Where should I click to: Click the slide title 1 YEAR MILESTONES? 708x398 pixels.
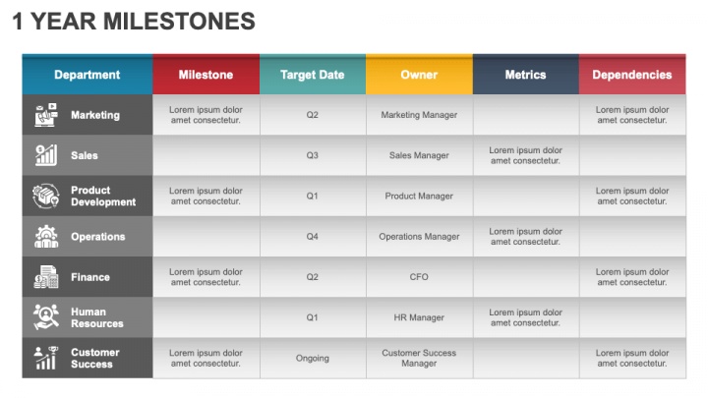click(134, 22)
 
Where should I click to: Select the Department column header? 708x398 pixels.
click(88, 75)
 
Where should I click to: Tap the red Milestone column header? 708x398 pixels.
click(206, 75)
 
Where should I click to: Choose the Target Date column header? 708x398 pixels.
click(313, 75)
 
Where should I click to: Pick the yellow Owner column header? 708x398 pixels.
click(419, 75)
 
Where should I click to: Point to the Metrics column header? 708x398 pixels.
click(525, 75)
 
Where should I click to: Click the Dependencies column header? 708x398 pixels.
click(632, 75)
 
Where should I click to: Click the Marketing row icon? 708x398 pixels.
click(46, 115)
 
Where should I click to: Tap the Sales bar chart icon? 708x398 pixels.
click(46, 155)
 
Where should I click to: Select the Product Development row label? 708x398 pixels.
click(103, 196)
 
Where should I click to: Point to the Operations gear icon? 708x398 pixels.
click(46, 237)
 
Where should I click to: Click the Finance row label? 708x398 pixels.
click(90, 277)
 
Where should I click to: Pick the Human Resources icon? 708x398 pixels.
click(46, 316)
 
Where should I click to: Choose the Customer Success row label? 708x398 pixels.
click(95, 358)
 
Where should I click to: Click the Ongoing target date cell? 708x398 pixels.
click(313, 359)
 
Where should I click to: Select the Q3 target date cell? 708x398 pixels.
click(313, 155)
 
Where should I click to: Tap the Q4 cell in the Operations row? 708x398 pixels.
click(313, 237)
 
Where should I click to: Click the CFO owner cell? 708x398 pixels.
click(419, 276)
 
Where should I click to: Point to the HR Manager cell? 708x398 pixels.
click(419, 317)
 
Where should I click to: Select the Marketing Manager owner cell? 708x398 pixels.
click(419, 115)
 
